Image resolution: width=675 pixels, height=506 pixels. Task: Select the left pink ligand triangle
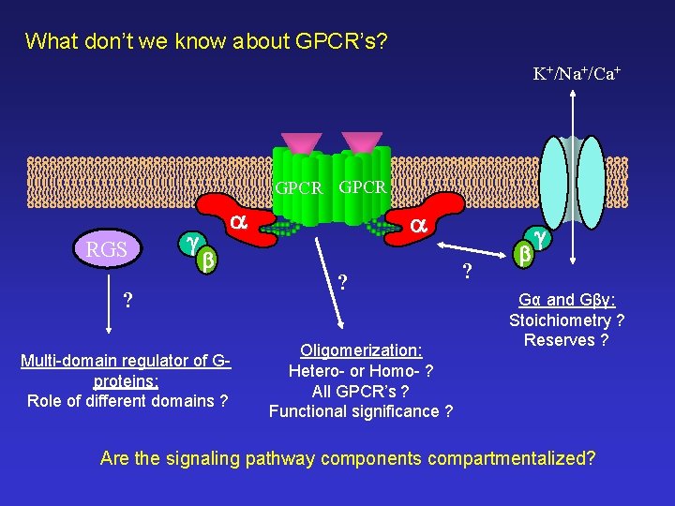coord(301,141)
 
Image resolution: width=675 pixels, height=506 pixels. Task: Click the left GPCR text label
coord(298,188)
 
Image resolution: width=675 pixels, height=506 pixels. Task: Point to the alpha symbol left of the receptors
coord(238,222)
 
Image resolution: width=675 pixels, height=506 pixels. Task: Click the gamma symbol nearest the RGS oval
coord(191,243)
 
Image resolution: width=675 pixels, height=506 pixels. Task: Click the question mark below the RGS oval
coord(128,302)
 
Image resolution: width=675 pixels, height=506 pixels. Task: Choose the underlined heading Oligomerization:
coord(360,350)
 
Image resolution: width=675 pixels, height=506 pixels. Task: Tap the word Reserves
coord(560,340)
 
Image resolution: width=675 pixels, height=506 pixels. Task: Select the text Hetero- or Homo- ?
coord(360,370)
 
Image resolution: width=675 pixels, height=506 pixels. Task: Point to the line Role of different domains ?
coord(128,401)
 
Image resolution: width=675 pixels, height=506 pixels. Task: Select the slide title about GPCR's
coord(206,41)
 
